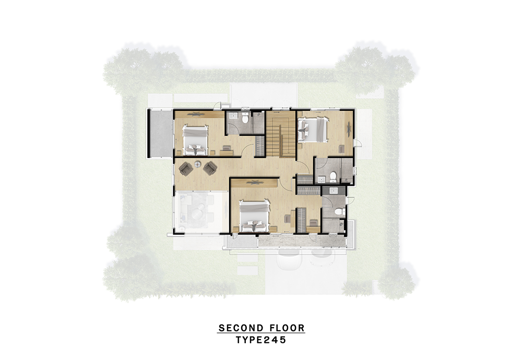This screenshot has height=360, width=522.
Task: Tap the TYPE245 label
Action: point(261,340)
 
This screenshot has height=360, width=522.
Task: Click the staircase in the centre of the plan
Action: point(281,134)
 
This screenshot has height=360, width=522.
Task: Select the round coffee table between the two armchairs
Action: point(198,164)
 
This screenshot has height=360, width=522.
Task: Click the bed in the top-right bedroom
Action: point(313,129)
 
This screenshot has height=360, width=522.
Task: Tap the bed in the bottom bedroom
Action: point(255,215)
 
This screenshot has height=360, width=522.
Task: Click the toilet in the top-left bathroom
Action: point(245,118)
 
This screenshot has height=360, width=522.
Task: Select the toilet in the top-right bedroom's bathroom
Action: point(333,176)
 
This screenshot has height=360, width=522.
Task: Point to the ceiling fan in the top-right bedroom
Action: point(349,129)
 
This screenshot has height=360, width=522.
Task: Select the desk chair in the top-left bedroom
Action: point(227,148)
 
